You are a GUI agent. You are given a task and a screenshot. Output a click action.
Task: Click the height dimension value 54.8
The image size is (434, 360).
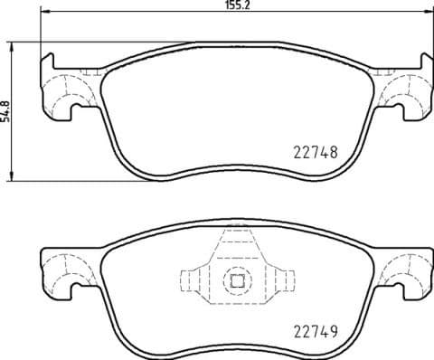[6, 110]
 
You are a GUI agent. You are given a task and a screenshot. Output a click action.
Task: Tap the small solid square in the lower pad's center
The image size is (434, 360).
[237, 280]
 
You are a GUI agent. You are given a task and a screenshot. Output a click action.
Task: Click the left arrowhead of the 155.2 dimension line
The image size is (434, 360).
[47, 13]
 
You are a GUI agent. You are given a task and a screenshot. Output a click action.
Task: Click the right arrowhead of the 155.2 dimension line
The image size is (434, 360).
[424, 13]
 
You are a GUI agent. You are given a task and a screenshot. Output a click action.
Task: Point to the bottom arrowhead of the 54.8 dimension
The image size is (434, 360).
[13, 175]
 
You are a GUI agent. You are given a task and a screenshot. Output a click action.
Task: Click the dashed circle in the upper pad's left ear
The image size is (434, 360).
[61, 93]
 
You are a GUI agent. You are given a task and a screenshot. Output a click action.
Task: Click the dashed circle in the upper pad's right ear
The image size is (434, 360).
[404, 93]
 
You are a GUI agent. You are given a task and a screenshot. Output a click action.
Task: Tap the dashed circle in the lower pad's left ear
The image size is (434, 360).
[61, 269]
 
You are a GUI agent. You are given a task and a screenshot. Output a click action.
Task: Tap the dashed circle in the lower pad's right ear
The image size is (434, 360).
[404, 269]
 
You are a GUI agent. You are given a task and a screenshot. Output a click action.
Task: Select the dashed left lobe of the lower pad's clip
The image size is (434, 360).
[194, 280]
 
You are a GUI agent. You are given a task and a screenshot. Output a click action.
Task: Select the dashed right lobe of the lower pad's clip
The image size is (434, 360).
[279, 280]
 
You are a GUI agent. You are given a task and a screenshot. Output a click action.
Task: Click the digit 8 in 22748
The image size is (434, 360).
[334, 154]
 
